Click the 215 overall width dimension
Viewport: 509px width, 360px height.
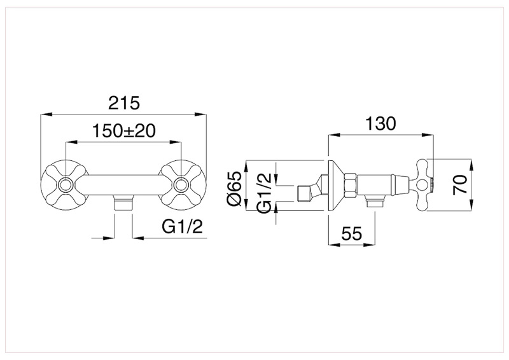pyautogui.click(x=124, y=103)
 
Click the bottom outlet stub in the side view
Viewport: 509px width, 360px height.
pyautogui.click(x=375, y=203)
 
